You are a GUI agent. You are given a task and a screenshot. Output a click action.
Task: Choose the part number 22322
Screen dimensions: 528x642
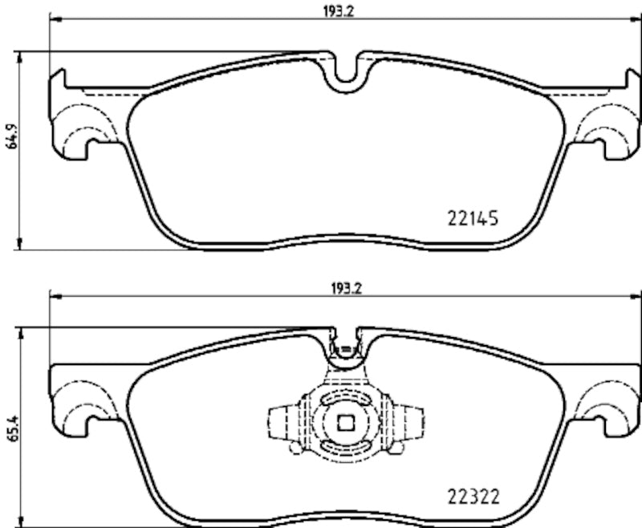[x=473, y=496]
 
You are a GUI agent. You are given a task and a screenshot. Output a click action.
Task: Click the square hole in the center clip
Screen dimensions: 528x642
[x=346, y=422]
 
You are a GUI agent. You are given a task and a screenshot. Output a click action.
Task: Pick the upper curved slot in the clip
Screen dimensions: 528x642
[x=346, y=399]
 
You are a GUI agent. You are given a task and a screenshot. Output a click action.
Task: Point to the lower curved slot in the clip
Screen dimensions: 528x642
[x=346, y=447]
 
